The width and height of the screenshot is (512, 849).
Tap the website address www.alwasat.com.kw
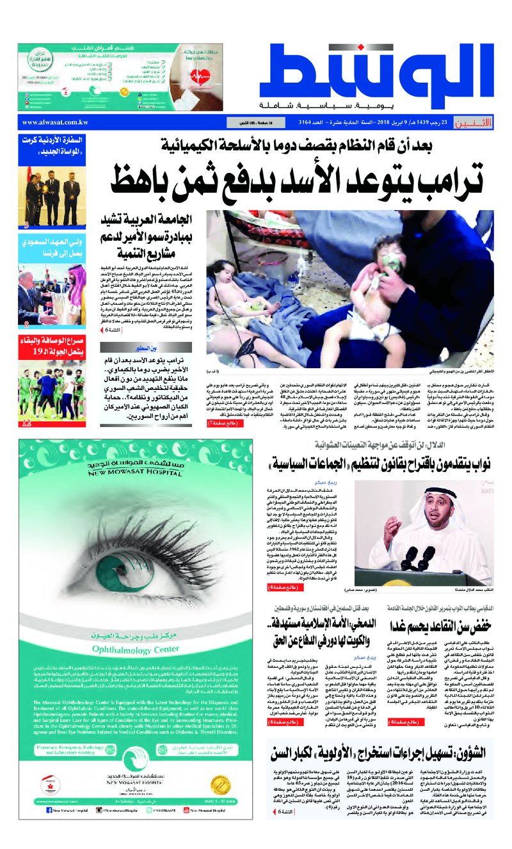[x=56, y=122]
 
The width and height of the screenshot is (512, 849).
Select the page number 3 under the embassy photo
[x=26, y=225]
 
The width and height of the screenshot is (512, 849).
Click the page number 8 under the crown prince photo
[x=26, y=324]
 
